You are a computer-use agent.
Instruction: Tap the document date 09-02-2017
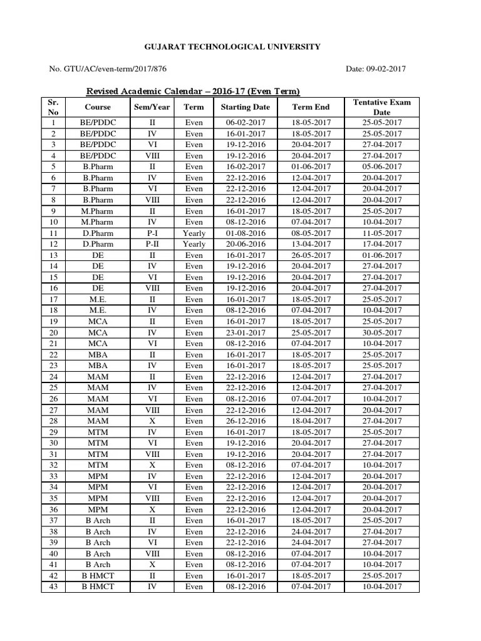tap(377, 69)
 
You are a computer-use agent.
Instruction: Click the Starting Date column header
tap(245, 107)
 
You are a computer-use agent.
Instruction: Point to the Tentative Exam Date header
tap(381, 107)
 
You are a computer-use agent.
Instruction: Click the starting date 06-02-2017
tap(245, 123)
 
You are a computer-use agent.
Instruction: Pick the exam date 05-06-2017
tap(381, 167)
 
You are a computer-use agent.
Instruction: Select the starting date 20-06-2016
tap(245, 244)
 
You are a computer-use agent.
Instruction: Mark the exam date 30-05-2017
tap(381, 332)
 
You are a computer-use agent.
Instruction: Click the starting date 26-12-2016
tap(245, 421)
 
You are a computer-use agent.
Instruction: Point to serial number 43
tap(53, 587)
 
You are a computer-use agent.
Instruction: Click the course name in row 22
tap(98, 355)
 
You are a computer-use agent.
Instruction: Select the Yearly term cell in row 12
tap(194, 244)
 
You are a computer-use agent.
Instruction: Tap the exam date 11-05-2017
tap(381, 233)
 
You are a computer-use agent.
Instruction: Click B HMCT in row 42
tap(98, 576)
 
